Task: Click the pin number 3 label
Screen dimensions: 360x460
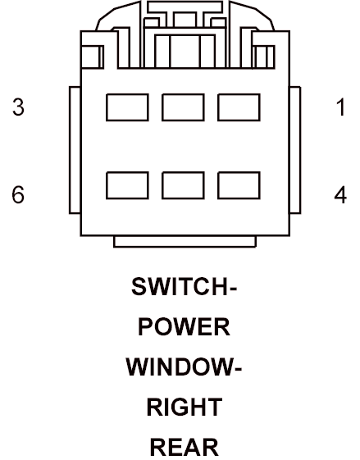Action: (18, 107)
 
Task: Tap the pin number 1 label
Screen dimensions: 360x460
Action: (340, 107)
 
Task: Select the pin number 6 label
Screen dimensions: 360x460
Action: (18, 194)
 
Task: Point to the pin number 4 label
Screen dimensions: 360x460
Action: (340, 194)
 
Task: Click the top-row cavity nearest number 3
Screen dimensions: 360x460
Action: (127, 107)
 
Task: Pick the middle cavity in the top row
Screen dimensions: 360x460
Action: (183, 107)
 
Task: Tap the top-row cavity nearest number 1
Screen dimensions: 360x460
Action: (239, 107)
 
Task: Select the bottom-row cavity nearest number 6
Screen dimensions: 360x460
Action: (127, 185)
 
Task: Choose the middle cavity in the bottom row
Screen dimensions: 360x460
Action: (183, 185)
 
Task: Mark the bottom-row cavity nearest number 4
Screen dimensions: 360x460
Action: (239, 185)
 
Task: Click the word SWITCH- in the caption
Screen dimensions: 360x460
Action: (184, 286)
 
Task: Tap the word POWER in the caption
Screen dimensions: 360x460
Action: (184, 327)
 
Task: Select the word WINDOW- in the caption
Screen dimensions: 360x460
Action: (184, 367)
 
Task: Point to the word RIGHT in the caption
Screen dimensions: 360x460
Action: (185, 408)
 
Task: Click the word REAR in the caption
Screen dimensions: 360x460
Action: (185, 447)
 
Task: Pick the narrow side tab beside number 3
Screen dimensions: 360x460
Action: (75, 150)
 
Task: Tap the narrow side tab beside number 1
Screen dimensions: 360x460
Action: (295, 150)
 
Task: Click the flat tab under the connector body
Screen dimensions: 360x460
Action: (185, 241)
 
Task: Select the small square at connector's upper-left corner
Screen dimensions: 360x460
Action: (92, 57)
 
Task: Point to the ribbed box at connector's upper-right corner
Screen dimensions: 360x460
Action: (263, 57)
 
